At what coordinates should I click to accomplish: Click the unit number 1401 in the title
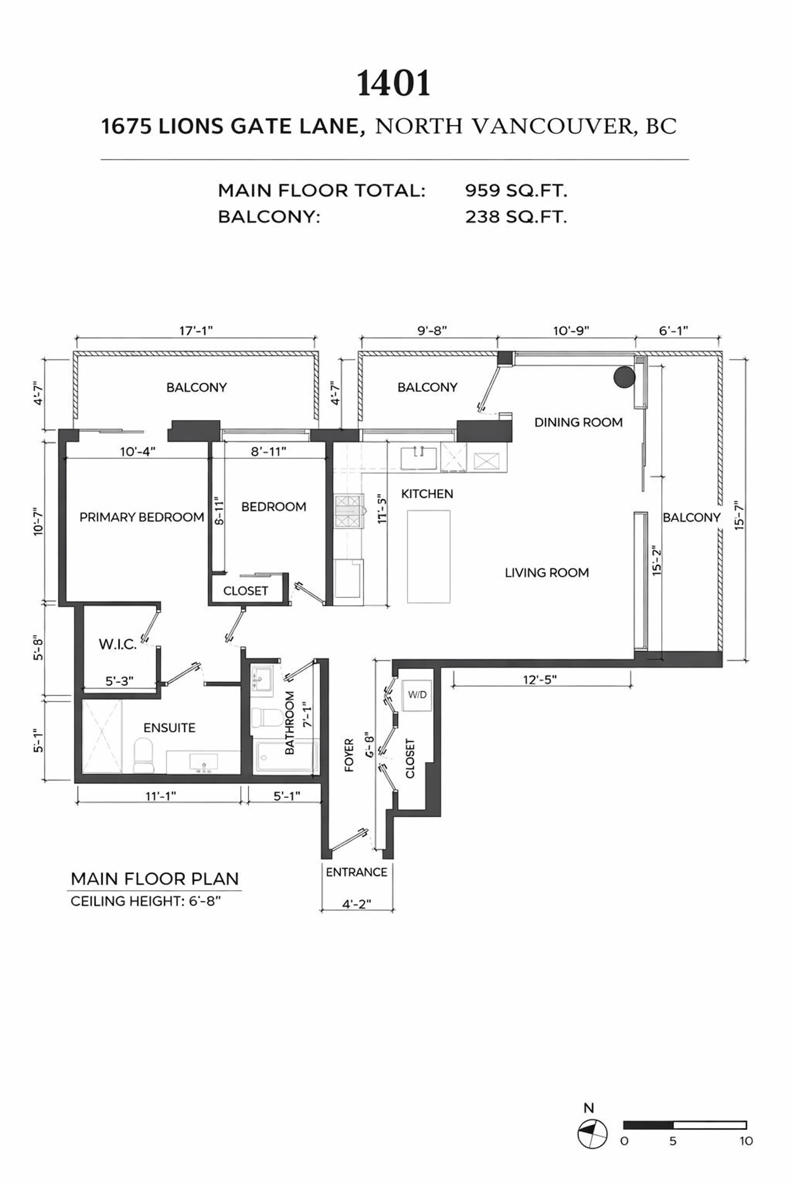point(393,84)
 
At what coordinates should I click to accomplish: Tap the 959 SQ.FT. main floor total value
point(516,191)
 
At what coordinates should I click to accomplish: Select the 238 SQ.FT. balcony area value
point(516,217)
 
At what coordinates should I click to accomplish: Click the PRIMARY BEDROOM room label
point(142,517)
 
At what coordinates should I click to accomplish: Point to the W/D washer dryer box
point(417,695)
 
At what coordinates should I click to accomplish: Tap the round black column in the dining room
point(624,377)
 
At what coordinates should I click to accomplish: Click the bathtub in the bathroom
point(286,756)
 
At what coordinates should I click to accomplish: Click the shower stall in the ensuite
point(102,736)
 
